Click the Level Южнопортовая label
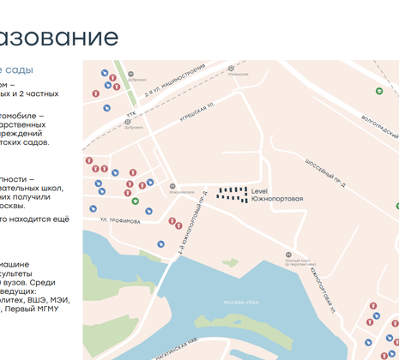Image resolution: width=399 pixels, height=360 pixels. coord(276,195)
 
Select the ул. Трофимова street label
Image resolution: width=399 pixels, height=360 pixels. coord(119,220)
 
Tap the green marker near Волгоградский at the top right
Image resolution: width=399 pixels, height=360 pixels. coord(378,90)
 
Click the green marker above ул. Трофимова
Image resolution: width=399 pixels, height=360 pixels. coord(135,201)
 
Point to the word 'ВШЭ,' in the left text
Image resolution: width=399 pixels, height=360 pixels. coord(33,299)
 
